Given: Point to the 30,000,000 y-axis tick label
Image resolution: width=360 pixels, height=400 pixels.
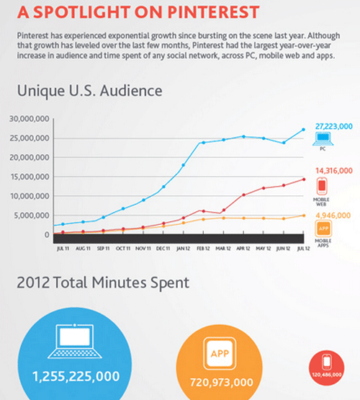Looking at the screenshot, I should tap(30, 118).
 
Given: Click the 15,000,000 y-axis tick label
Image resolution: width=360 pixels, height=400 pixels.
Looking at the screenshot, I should tap(30, 177).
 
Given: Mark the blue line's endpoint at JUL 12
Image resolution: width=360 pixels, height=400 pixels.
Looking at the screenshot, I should tap(303, 130).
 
